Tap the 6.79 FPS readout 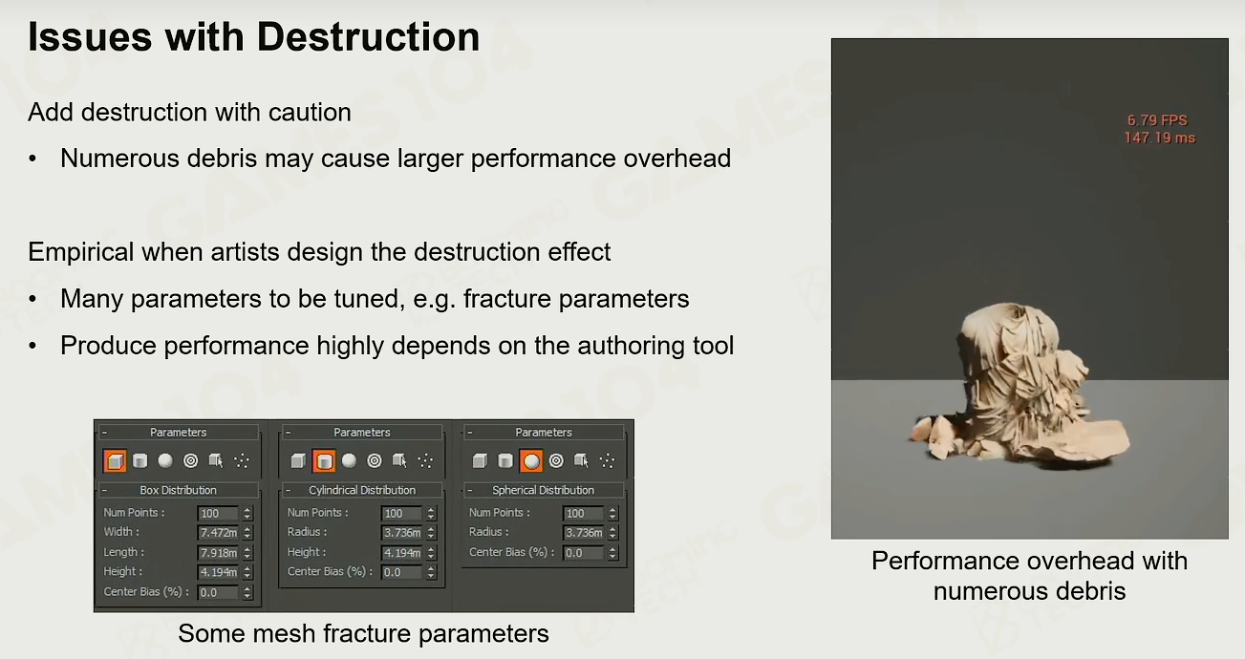click(x=1157, y=120)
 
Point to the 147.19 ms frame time click(x=1160, y=138)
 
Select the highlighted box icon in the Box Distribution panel click(x=115, y=460)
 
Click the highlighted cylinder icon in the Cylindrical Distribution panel click(x=324, y=460)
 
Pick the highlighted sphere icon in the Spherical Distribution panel click(x=531, y=460)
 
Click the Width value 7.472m click(x=218, y=532)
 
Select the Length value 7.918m click(x=218, y=552)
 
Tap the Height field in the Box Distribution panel click(x=218, y=572)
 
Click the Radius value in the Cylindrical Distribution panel click(x=402, y=532)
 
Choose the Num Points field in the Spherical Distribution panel click(x=583, y=513)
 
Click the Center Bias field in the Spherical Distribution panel click(x=583, y=553)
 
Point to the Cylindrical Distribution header click(x=362, y=490)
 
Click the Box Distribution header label click(x=178, y=490)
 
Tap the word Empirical click(x=80, y=253)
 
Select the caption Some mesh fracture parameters click(x=363, y=633)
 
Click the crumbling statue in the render click(x=1020, y=383)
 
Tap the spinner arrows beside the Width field click(x=247, y=532)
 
